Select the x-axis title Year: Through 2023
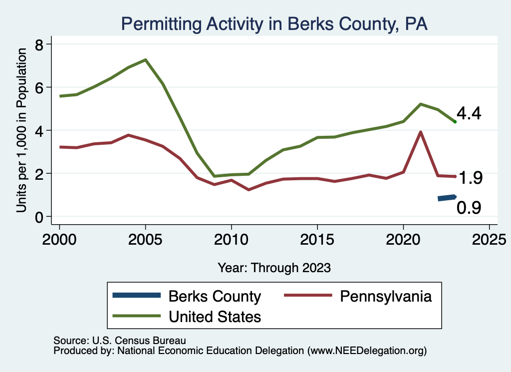coord(274,268)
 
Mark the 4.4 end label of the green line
coord(469,114)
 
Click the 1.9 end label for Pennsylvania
coord(470,178)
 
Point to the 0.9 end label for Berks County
coord(469,207)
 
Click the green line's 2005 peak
coord(145,60)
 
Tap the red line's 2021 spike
coord(421,132)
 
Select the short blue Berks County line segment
coord(447,198)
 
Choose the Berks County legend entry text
coord(215,297)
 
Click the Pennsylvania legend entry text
coord(386,297)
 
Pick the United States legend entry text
coord(215,317)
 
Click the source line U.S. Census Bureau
coord(120,341)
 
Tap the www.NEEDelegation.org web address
coord(368,351)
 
